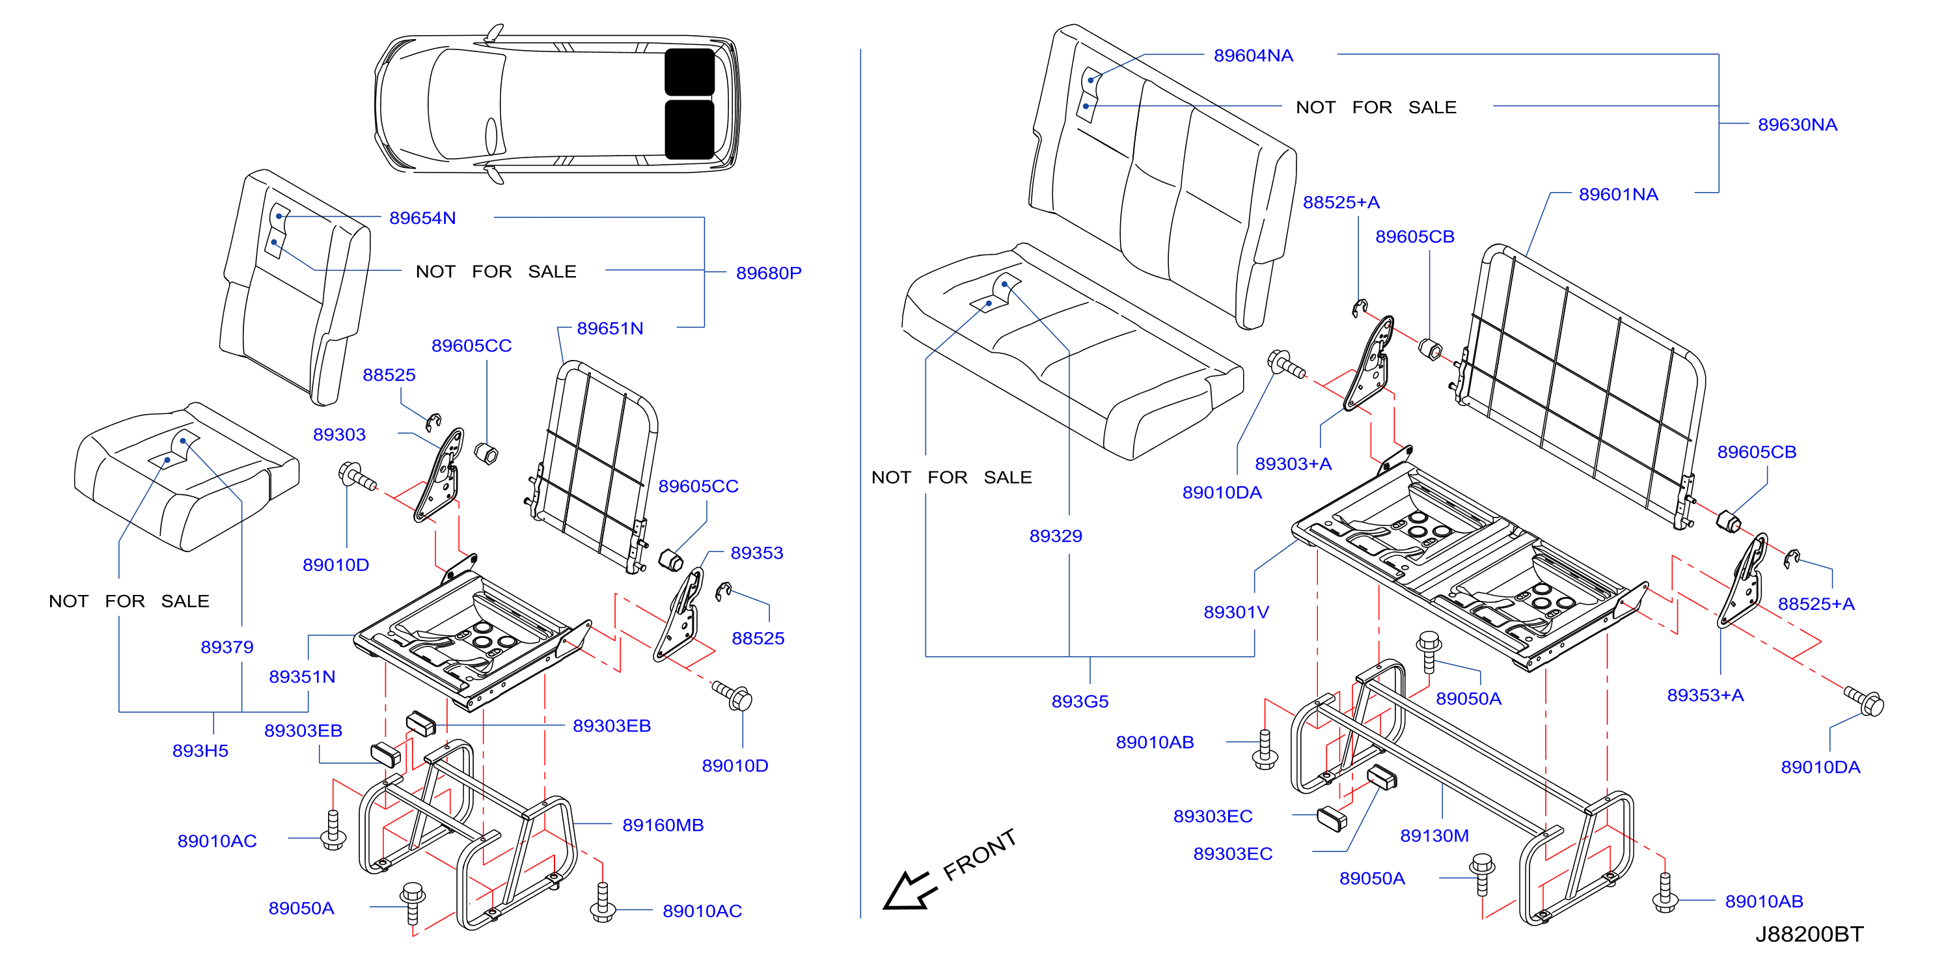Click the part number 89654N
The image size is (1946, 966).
pos(422,218)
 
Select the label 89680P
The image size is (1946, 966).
pos(768,273)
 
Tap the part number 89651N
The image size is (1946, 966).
pos(610,329)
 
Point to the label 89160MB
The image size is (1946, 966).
pos(663,825)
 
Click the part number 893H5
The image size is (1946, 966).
pos(200,751)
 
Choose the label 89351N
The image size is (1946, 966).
pos(302,677)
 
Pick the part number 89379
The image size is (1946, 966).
pos(226,647)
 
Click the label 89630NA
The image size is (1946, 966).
pos(1797,124)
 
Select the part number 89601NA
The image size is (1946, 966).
pos(1618,194)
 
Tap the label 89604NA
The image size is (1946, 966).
pos(1254,55)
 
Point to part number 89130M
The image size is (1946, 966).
pos(1434,835)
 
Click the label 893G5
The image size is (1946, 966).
pos(1080,702)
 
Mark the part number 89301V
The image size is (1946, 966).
pos(1236,612)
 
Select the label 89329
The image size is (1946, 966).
pos(1056,536)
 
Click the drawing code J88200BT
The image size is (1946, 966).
pos(1809,934)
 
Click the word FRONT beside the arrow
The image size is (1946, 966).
pos(980,854)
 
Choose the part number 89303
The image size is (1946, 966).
pos(339,434)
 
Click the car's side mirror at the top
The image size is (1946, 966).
pos(495,33)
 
